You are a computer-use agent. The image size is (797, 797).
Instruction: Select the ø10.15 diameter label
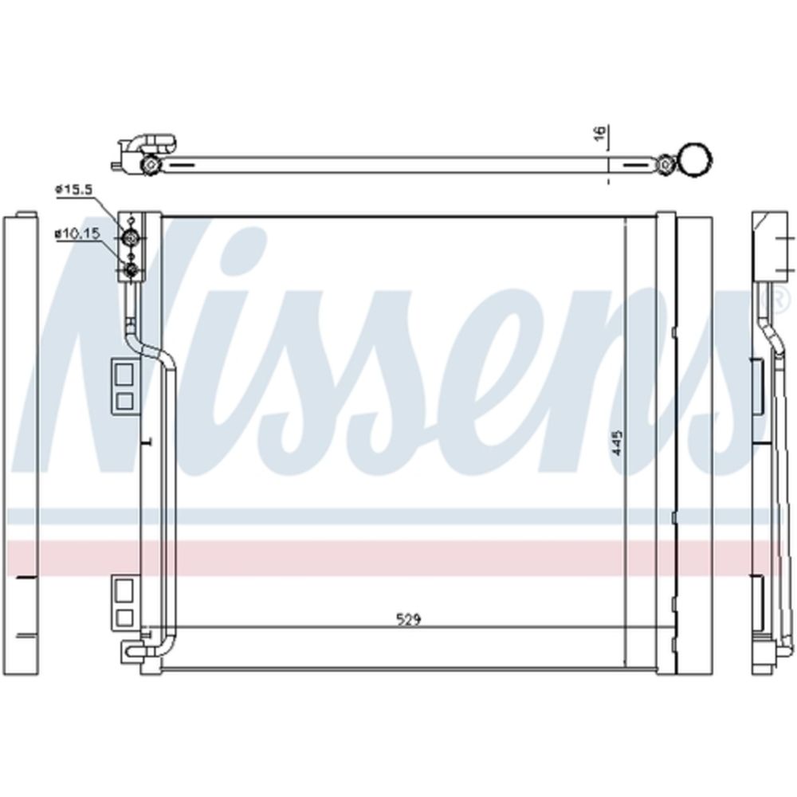(77, 234)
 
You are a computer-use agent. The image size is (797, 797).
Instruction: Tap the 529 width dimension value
(409, 619)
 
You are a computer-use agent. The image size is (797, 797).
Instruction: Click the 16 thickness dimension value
(601, 132)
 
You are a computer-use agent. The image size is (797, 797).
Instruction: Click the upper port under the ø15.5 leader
(132, 238)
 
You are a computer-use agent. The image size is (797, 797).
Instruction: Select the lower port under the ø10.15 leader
(132, 270)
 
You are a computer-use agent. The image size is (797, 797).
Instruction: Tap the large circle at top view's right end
(696, 159)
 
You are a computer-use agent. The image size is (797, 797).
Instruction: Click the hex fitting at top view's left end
(150, 165)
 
